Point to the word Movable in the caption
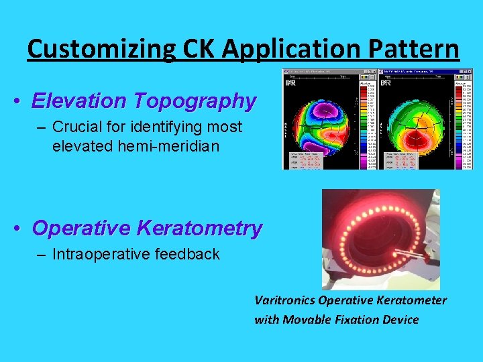306,320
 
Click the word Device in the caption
400,320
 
